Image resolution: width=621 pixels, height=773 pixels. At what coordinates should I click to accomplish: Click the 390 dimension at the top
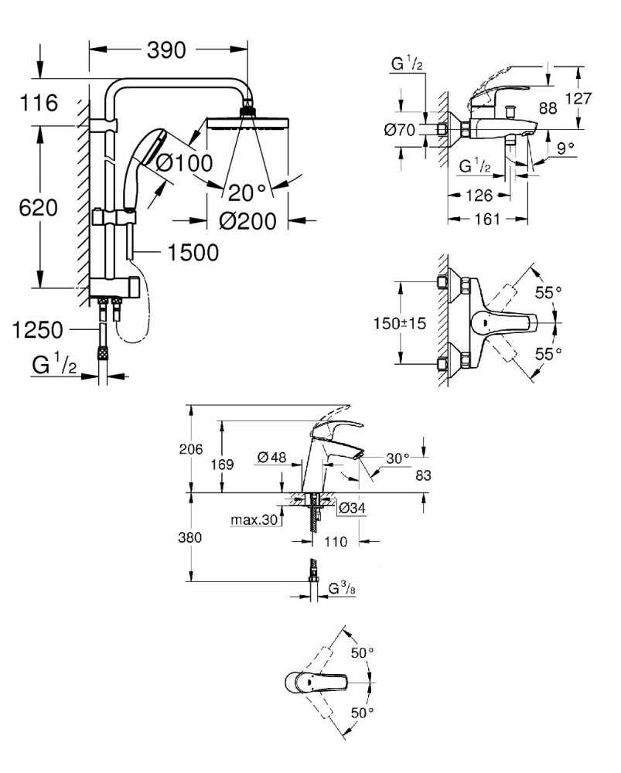tap(166, 50)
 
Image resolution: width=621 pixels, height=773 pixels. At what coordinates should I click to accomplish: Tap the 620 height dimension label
tap(39, 207)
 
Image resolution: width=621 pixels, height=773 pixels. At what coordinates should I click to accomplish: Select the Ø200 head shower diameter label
tap(247, 221)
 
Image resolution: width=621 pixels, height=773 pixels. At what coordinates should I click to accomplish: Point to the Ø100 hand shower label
tap(183, 162)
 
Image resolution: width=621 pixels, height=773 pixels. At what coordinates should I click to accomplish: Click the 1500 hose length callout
tap(193, 253)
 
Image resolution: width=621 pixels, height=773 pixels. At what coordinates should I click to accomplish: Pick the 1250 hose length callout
tap(37, 330)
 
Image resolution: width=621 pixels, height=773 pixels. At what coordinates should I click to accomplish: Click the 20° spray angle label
tap(247, 192)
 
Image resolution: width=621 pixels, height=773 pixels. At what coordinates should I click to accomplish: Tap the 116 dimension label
tap(39, 103)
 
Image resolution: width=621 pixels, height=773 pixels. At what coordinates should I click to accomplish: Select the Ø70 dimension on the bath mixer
tap(400, 130)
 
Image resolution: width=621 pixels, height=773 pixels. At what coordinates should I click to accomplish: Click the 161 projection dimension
tap(487, 219)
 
